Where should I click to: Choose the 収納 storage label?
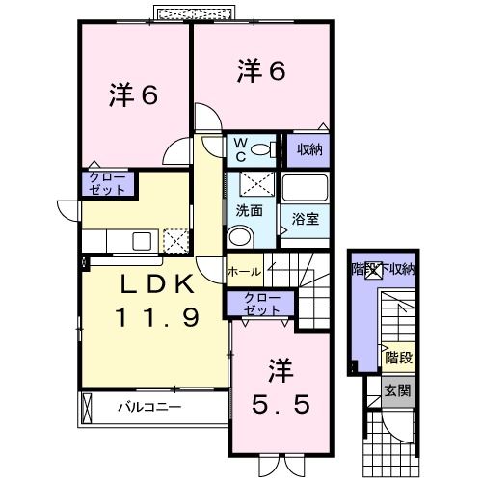tap(308, 150)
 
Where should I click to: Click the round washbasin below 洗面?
tap(240, 235)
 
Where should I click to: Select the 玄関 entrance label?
tap(397, 390)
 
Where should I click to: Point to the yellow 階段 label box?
tap(397, 356)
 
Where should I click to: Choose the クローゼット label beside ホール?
tap(261, 304)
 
